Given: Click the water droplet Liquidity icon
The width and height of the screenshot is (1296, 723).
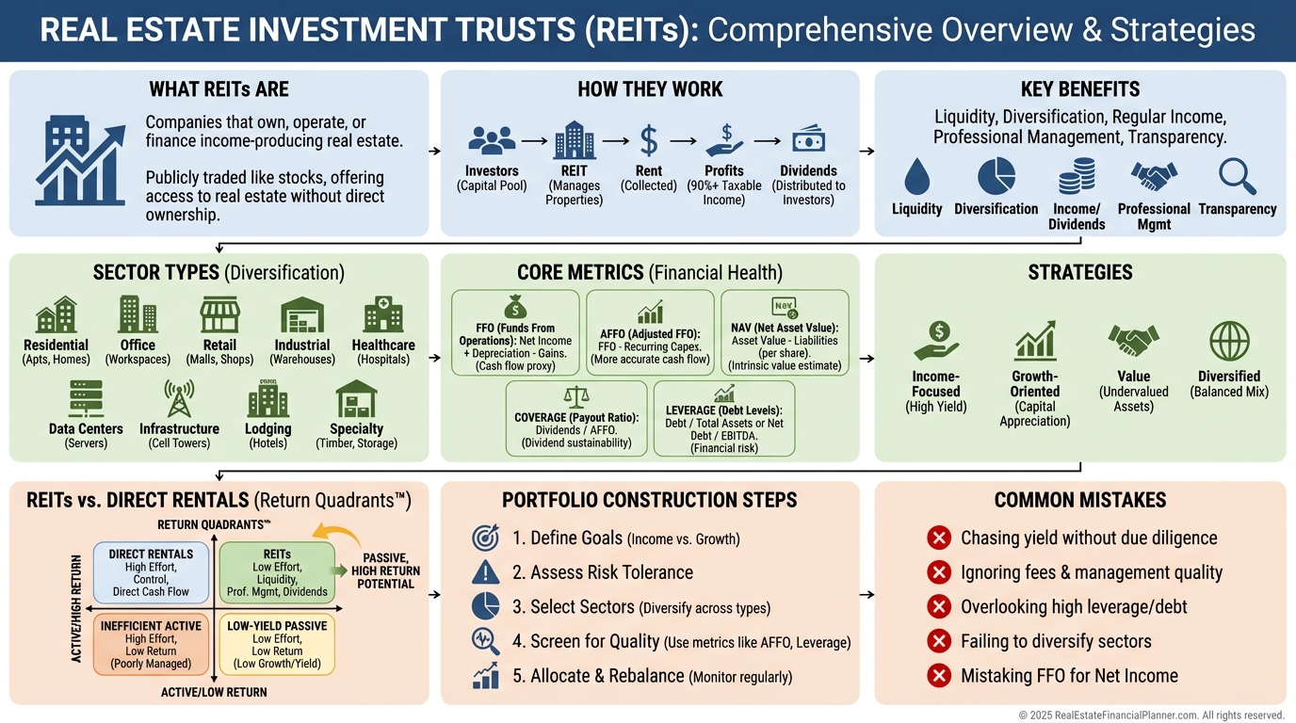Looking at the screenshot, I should (x=915, y=177).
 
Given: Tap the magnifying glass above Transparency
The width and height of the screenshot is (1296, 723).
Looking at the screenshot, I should (x=1237, y=177).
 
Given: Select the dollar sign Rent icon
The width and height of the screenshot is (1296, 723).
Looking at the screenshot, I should (x=649, y=141).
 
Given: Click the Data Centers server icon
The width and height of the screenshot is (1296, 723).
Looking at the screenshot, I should (x=86, y=398).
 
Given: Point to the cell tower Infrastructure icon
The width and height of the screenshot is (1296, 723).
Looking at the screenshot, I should (x=179, y=398).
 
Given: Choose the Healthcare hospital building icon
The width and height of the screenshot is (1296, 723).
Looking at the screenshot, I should (x=383, y=314).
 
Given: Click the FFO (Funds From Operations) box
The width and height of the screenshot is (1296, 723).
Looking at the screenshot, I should (x=515, y=332).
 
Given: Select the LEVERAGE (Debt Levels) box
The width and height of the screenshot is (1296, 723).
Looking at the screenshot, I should (x=723, y=419).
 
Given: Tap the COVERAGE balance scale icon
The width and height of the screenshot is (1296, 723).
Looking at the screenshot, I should (x=575, y=395).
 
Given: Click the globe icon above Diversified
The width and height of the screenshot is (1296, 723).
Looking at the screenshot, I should (x=1229, y=342).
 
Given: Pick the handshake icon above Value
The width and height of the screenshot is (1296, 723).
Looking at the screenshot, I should (x=1133, y=342).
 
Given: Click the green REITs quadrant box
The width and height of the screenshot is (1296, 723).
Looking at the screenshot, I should (x=276, y=572).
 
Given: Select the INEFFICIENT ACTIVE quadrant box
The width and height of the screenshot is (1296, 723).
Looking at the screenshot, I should (x=151, y=645).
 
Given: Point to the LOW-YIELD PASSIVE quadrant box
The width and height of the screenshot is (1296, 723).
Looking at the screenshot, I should (x=276, y=645).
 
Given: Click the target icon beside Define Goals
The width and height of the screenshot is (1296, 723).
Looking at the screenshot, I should (x=485, y=538).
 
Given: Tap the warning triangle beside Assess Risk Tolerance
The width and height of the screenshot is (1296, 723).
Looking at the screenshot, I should (x=485, y=572).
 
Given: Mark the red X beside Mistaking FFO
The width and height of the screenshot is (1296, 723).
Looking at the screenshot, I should (x=938, y=675).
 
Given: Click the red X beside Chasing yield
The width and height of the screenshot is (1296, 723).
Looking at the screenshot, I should (x=938, y=538).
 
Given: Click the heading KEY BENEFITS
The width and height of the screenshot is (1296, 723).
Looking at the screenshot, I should (x=1079, y=89).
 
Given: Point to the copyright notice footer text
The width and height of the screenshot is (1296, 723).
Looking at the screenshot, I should (x=1151, y=715).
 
